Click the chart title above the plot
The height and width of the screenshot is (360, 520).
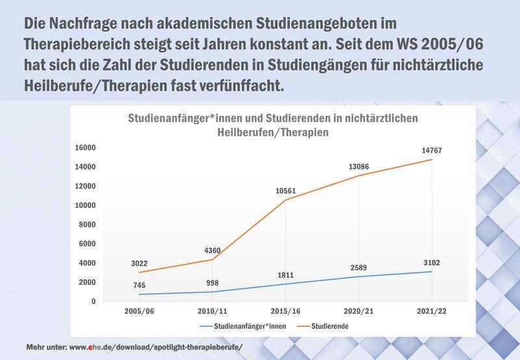point(272,124)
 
